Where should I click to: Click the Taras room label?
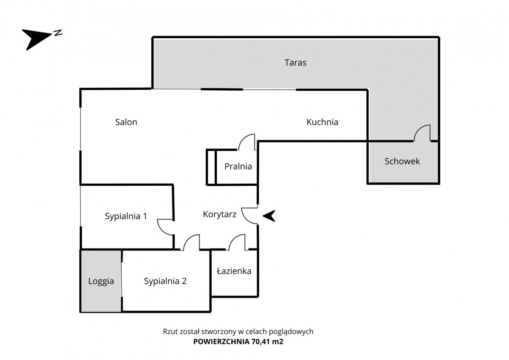[x=295, y=63]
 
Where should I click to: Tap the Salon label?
[x=126, y=122]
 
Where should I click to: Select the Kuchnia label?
[x=322, y=122]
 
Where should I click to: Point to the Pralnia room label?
[x=238, y=166]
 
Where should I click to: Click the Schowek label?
[x=402, y=161]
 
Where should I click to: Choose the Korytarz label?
[x=220, y=214]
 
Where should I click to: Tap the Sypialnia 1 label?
[x=126, y=216]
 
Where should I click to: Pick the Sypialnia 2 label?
[x=165, y=281]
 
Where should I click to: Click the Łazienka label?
[x=234, y=271]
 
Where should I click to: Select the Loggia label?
[x=101, y=281]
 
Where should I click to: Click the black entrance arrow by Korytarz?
[x=269, y=216]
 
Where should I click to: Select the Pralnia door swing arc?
[x=246, y=142]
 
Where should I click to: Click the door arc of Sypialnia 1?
[x=165, y=226]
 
